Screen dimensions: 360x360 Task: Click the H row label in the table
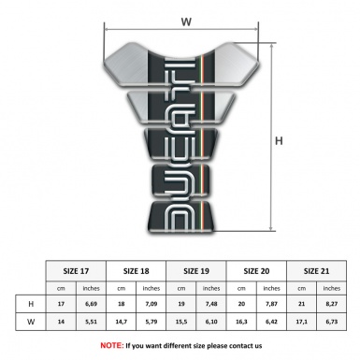pyautogui.click(x=32, y=304)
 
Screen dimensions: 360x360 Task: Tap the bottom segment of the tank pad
pyautogui.click(x=186, y=214)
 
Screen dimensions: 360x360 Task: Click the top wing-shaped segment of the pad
pyautogui.click(x=186, y=61)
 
